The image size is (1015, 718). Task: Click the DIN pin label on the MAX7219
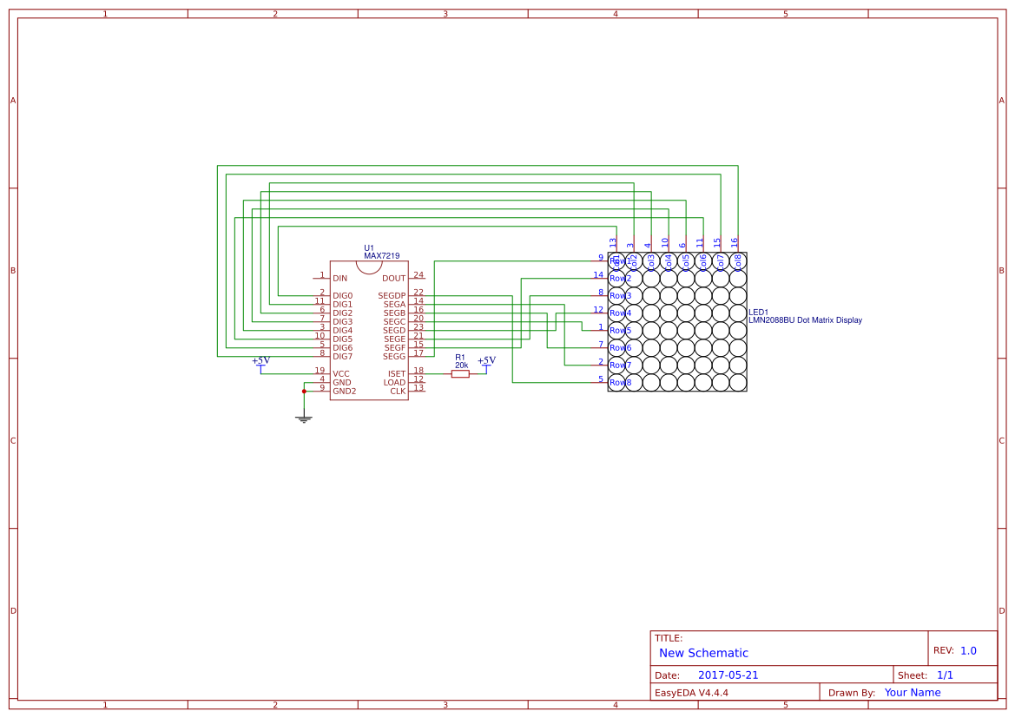pyautogui.click(x=339, y=279)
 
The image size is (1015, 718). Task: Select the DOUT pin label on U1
pyautogui.click(x=393, y=279)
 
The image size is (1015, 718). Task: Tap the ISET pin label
pyautogui.click(x=396, y=374)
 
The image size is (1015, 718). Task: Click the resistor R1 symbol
pyautogui.click(x=460, y=374)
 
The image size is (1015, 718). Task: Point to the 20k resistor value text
pyautogui.click(x=461, y=366)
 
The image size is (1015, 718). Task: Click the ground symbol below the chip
pyautogui.click(x=304, y=419)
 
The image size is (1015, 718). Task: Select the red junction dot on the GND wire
pyautogui.click(x=304, y=392)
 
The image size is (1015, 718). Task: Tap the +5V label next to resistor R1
pyautogui.click(x=486, y=360)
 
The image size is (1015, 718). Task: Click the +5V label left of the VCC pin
pyautogui.click(x=260, y=360)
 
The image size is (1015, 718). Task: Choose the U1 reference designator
pyautogui.click(x=369, y=248)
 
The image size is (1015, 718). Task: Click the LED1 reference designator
pyautogui.click(x=758, y=312)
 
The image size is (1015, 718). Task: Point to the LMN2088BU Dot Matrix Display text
pyautogui.click(x=805, y=320)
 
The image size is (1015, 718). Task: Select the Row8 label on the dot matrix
pyautogui.click(x=620, y=383)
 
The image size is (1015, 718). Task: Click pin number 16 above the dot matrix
pyautogui.click(x=735, y=242)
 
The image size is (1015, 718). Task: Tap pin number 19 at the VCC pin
pyautogui.click(x=320, y=371)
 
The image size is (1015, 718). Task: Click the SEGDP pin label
pyautogui.click(x=392, y=296)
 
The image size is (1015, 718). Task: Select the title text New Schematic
pyautogui.click(x=703, y=653)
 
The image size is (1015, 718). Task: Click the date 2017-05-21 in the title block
pyautogui.click(x=728, y=675)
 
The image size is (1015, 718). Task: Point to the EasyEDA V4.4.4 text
pyautogui.click(x=691, y=693)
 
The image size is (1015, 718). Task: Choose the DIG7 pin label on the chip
pyautogui.click(x=342, y=357)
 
